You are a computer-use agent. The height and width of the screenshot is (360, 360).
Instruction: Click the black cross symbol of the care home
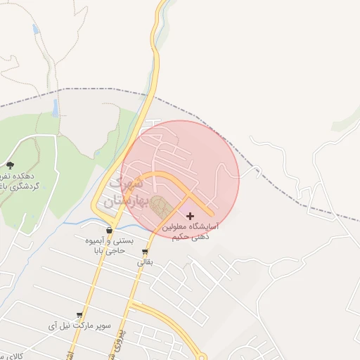pyautogui.click(x=190, y=216)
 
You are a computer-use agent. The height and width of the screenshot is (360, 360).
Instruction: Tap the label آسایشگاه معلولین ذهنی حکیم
pyautogui.click(x=191, y=232)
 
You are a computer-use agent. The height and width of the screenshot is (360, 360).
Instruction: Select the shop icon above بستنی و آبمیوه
pyautogui.click(x=109, y=230)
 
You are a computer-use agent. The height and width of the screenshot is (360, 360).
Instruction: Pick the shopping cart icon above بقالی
pyautogui.click(x=145, y=252)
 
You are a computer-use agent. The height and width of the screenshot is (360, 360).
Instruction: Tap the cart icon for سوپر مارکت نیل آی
pyautogui.click(x=79, y=316)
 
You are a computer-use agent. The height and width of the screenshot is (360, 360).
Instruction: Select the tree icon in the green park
pyautogui.click(x=9, y=165)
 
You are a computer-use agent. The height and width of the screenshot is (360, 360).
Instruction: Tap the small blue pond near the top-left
pyautogui.click(x=35, y=29)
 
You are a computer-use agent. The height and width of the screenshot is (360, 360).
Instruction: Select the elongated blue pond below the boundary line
pyautogui.click(x=55, y=107)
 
